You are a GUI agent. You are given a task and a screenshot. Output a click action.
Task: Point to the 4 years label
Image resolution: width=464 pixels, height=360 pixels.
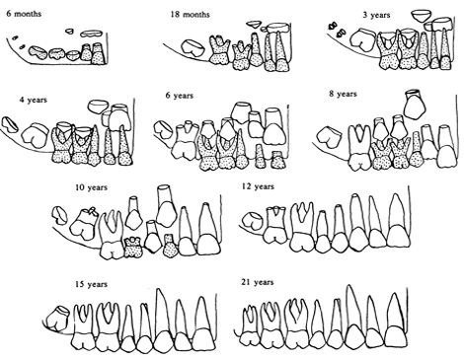(35, 101)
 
